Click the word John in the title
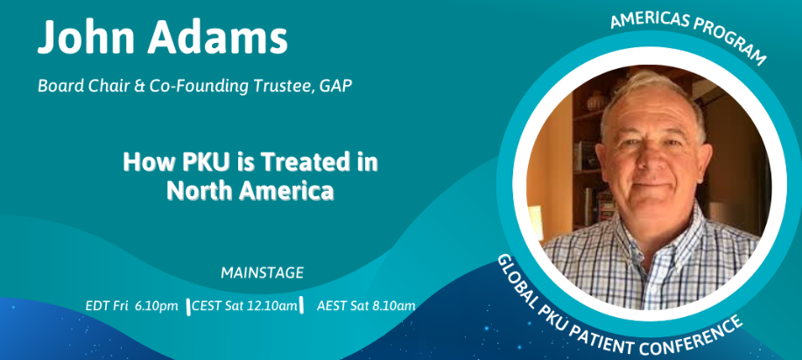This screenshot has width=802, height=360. point(86,38)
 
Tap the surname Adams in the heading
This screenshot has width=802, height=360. point(218,38)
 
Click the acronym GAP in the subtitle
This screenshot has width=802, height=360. point(335,86)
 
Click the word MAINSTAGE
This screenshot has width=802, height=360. point(262,273)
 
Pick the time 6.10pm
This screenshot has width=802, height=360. point(157,307)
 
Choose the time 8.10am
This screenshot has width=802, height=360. point(393,307)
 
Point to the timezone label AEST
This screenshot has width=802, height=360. point(332,307)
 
